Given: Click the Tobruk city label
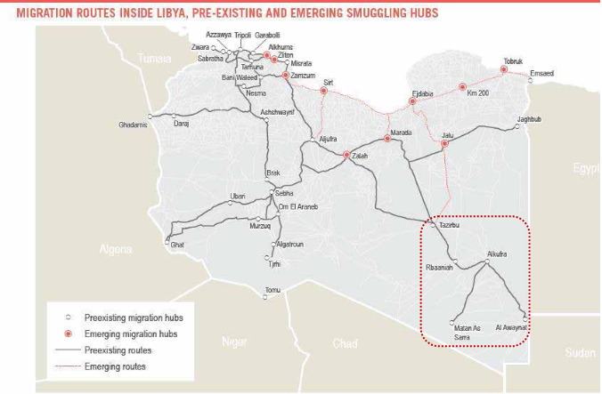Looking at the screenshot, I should pyautogui.click(x=513, y=60).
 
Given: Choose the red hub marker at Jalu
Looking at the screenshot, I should pyautogui.click(x=444, y=143).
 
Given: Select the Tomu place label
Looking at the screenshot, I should pyautogui.click(x=273, y=289).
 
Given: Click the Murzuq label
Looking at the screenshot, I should pyautogui.click(x=260, y=227).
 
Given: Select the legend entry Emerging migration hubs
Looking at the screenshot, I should pyautogui.click(x=130, y=334).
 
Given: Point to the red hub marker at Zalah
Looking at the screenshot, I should pyautogui.click(x=347, y=155).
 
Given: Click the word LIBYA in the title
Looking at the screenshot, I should pyautogui.click(x=167, y=12).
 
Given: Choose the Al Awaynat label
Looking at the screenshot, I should pyautogui.click(x=512, y=328).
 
